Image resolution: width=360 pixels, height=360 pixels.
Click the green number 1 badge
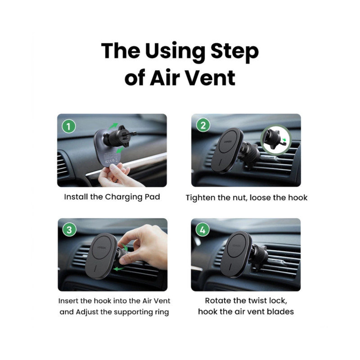pos(69,126)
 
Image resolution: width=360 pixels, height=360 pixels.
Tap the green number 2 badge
pos(203,126)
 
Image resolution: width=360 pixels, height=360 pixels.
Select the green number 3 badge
pos(69,230)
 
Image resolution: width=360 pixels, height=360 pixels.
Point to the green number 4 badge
pos(202,229)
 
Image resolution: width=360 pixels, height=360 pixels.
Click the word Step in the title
pos(234,52)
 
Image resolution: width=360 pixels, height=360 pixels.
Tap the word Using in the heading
pos(175,52)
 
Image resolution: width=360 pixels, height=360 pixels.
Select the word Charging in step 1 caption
pos(124,197)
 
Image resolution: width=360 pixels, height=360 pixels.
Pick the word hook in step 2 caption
pos(298,198)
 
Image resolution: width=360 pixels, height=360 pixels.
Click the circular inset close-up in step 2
pos(276,139)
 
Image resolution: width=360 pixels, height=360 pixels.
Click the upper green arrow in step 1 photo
pos(113,126)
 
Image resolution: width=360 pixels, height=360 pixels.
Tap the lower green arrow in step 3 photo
pos(119,268)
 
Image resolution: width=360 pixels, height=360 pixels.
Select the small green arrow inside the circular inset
pos(284,140)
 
